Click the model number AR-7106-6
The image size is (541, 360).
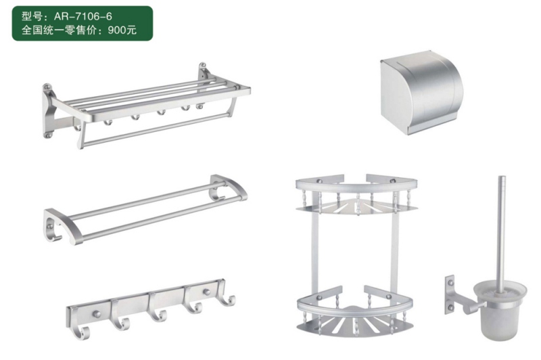(x=83, y=16)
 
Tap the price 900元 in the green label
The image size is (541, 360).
(x=122, y=30)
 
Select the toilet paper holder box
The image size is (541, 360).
(x=421, y=92)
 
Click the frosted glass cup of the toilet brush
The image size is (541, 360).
(x=500, y=311)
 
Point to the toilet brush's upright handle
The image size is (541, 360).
(x=501, y=235)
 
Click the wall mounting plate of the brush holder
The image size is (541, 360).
(x=449, y=294)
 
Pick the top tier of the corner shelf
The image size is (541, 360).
(x=356, y=194)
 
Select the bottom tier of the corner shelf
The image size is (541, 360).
(x=355, y=313)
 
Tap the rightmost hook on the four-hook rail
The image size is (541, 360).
(x=228, y=299)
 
